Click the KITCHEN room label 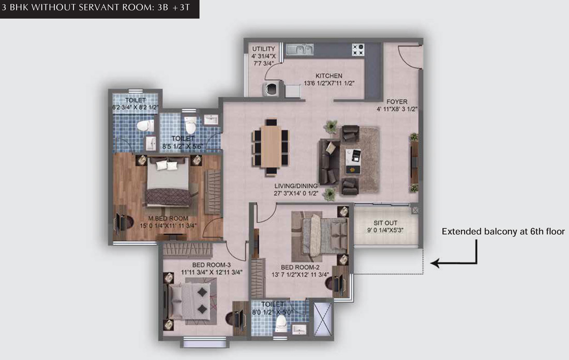tap(329, 76)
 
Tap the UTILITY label tap(263, 49)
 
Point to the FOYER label tap(397, 102)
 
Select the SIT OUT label tap(385, 223)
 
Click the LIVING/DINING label tap(296, 186)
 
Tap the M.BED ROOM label tap(168, 218)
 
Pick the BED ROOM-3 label tap(212, 265)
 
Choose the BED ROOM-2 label tap(300, 267)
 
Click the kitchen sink tap(300, 49)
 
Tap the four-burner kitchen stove tap(358, 50)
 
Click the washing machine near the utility tap(271, 89)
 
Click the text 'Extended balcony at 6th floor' tap(503, 232)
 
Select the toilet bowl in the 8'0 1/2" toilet tap(281, 323)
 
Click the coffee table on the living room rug tap(353, 161)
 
